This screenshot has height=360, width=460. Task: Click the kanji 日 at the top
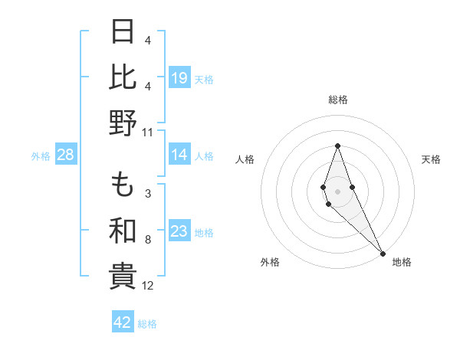tap(123, 32)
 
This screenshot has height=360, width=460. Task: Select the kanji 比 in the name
tap(123, 77)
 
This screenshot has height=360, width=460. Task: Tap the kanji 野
tap(123, 123)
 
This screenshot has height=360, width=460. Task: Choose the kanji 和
tap(123, 230)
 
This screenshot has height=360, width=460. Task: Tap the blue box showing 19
tap(179, 77)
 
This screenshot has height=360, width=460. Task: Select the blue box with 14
tap(179, 155)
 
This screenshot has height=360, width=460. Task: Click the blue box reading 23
tap(179, 231)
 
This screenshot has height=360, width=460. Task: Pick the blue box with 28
tap(66, 155)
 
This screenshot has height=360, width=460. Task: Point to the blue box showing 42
tap(123, 322)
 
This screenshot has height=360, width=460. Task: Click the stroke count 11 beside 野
tap(148, 132)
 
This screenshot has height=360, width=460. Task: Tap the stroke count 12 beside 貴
tap(148, 286)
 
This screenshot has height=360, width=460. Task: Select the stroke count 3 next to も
tap(148, 193)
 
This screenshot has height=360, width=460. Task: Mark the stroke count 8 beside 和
tap(148, 240)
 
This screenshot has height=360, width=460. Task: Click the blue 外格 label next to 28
tap(41, 155)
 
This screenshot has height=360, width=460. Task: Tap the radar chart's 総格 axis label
tap(337, 100)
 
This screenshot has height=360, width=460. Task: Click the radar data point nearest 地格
tap(383, 252)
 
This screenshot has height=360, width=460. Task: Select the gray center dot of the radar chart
tap(337, 191)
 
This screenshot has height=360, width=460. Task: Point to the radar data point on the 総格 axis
tap(337, 146)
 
